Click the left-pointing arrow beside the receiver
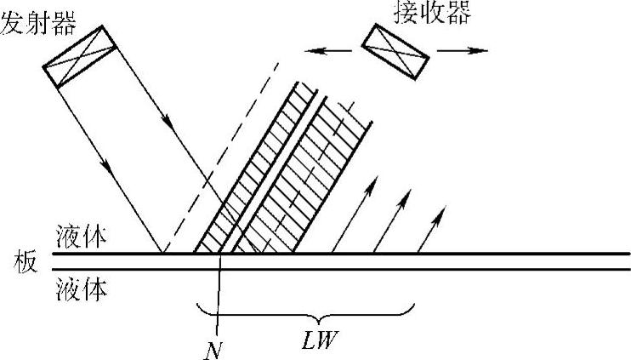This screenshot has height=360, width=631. (327, 52)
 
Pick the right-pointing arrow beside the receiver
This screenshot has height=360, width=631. (464, 52)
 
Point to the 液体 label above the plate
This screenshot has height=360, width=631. (84, 237)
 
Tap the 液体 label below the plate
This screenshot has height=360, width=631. (84, 289)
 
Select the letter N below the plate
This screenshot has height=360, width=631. (217, 346)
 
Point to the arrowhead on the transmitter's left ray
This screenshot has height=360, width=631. (107, 161)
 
